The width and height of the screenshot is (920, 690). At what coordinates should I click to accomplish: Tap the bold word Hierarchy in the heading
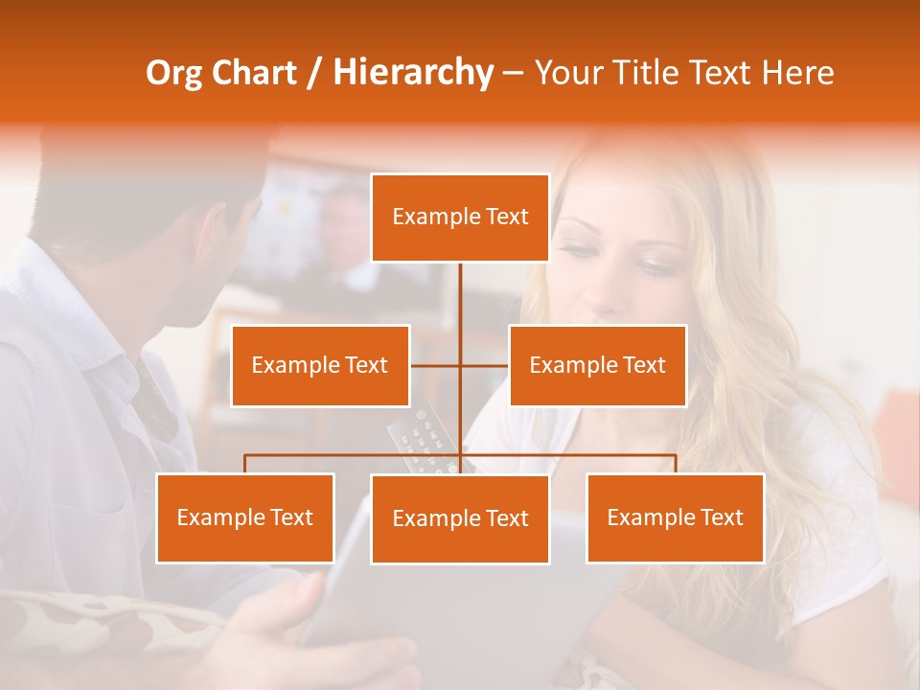(413, 73)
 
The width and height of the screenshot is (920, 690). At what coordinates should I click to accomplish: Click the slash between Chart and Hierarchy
(314, 74)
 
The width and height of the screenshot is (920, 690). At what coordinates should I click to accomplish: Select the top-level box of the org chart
(460, 218)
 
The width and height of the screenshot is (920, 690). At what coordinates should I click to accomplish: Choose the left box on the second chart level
(320, 365)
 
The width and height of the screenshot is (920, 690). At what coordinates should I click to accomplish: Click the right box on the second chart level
(597, 365)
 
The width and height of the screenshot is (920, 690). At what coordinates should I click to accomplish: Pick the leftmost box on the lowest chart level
(245, 517)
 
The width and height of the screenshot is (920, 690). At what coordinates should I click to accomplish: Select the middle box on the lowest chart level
(460, 518)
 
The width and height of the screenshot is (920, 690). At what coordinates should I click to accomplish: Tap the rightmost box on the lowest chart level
(675, 517)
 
